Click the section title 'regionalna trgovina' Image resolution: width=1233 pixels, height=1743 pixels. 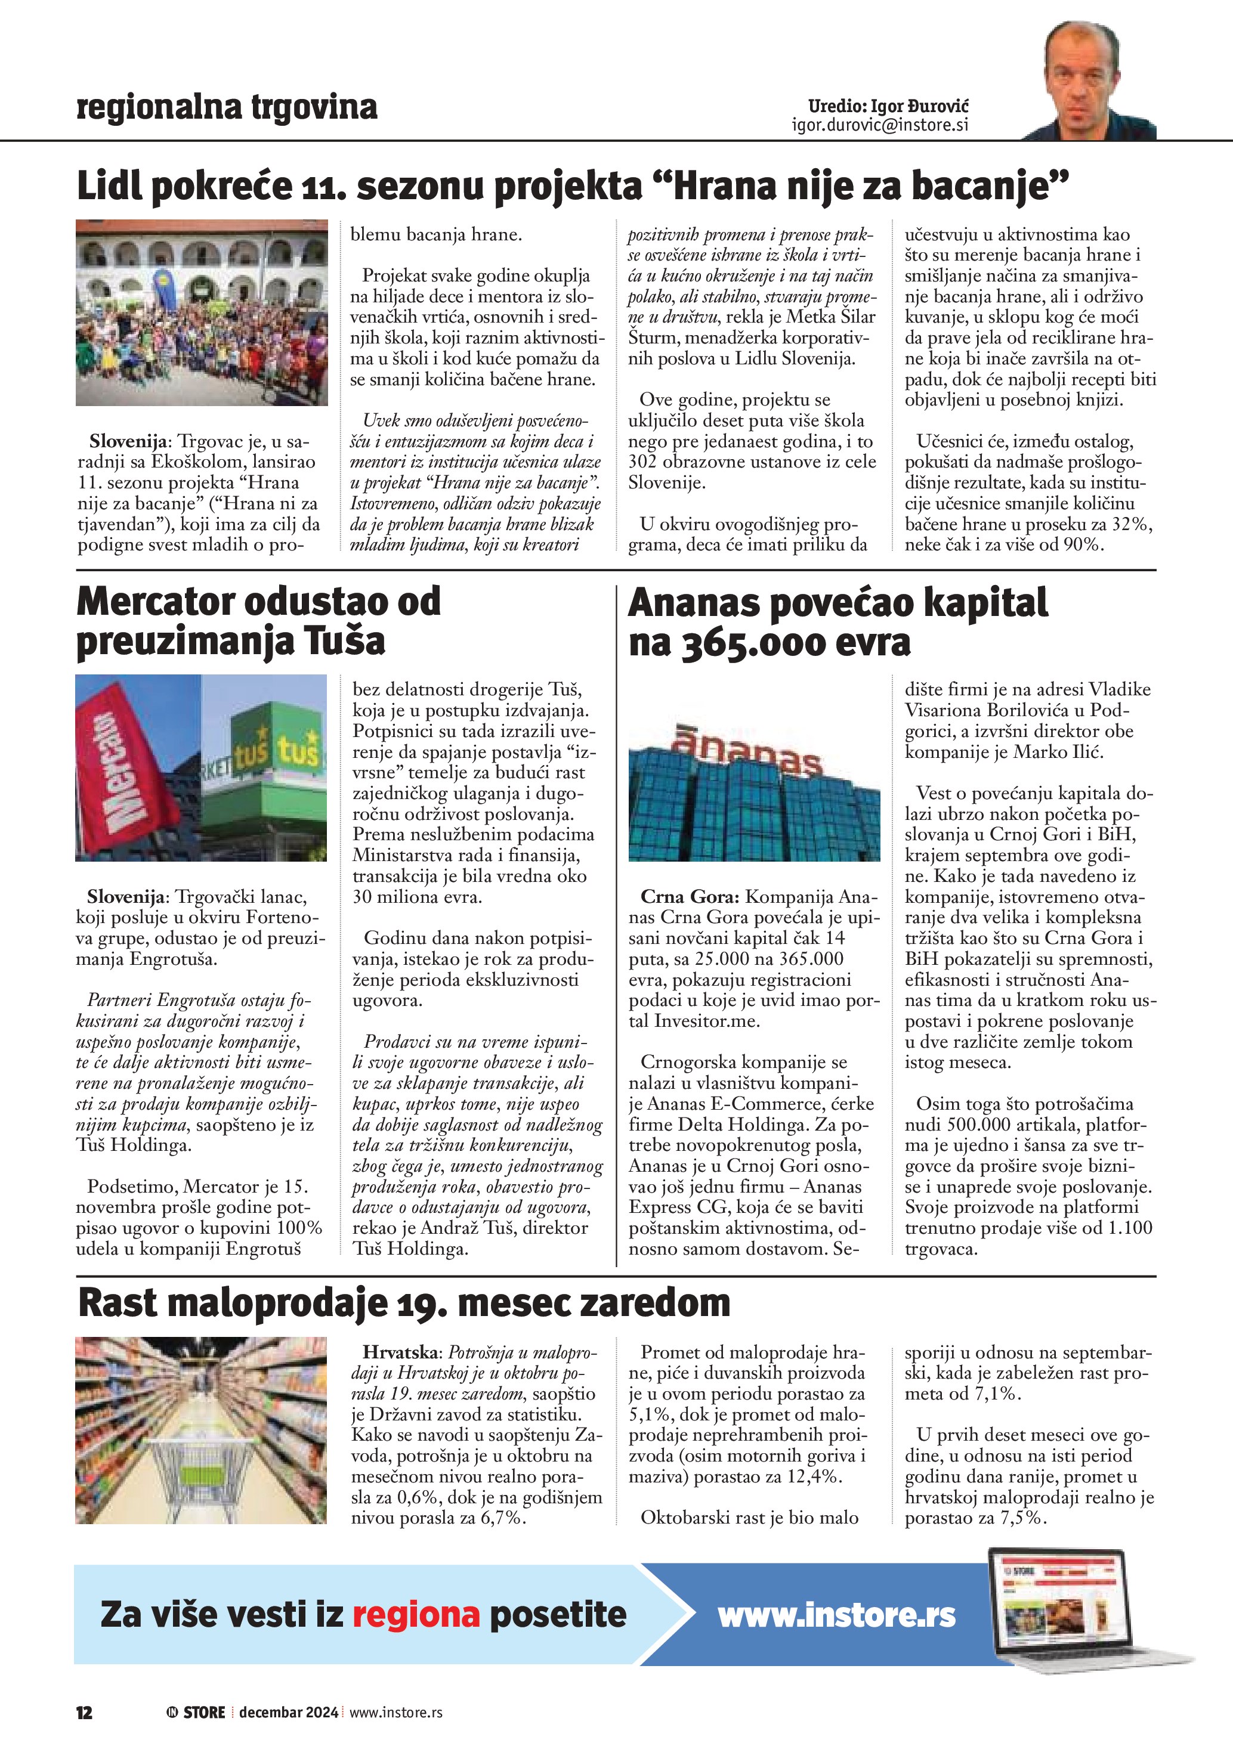tap(226, 107)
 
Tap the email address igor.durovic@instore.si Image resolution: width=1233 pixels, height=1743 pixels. tap(880, 125)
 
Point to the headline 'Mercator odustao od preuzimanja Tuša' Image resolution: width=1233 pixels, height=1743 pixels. tap(258, 621)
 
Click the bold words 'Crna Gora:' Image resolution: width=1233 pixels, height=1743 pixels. tap(690, 897)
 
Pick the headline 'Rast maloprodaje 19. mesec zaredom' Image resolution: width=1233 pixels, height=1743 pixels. tap(404, 1303)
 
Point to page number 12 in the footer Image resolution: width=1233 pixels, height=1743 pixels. tap(84, 1712)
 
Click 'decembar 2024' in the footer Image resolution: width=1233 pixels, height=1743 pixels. tap(289, 1712)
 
